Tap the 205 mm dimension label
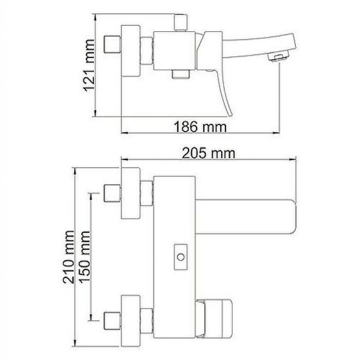(x=208, y=153)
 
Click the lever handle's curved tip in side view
(x=230, y=111)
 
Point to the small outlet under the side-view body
(x=179, y=75)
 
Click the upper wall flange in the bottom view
(x=131, y=194)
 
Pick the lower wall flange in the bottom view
(x=131, y=322)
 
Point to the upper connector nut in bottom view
(x=148, y=194)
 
